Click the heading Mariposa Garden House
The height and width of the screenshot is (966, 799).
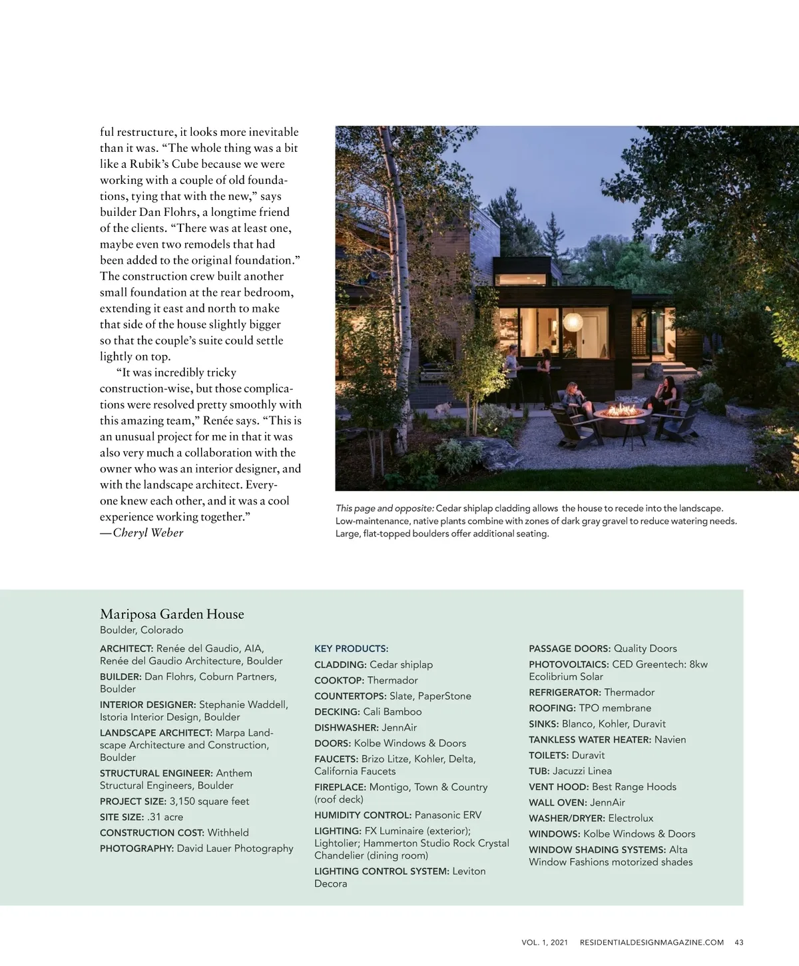(x=172, y=614)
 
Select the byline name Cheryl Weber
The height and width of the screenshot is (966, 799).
(x=148, y=533)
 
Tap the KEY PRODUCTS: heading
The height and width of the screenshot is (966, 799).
(x=351, y=649)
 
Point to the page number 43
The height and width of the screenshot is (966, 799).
(x=738, y=942)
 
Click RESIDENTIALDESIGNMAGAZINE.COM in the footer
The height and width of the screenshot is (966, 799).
(x=651, y=942)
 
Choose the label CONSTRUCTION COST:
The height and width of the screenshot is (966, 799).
(x=152, y=833)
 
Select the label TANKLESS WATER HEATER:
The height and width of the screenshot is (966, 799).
(x=589, y=739)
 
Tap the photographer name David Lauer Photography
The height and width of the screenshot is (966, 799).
(x=234, y=848)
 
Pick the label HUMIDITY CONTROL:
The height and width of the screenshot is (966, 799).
(x=362, y=815)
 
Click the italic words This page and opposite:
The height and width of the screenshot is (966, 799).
(x=384, y=508)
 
